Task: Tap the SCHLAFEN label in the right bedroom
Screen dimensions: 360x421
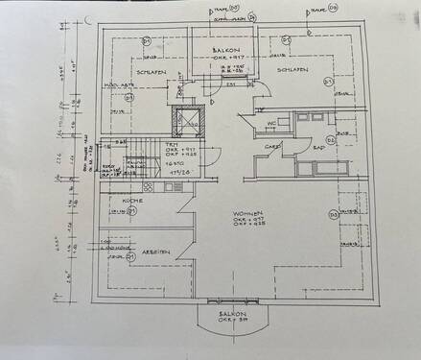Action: pos(292,70)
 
